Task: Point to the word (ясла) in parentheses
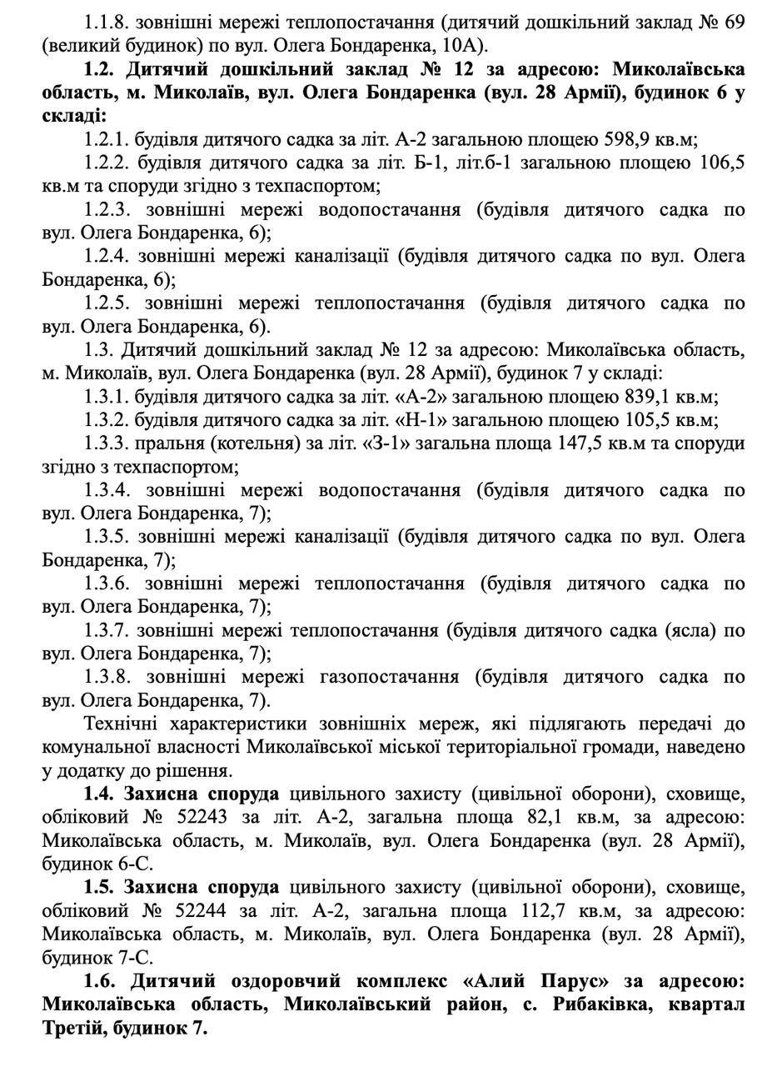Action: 688,630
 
